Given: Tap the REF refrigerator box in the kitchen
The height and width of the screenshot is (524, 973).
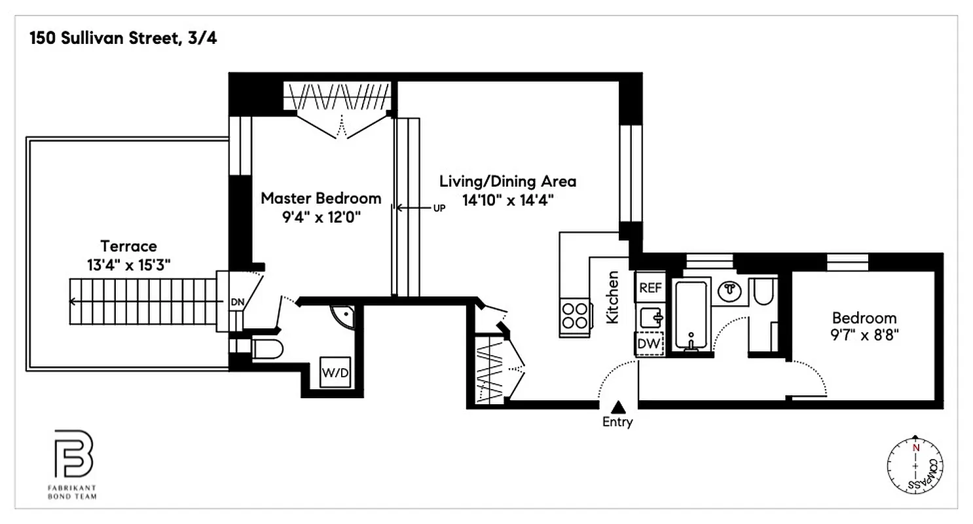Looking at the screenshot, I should [x=650, y=288].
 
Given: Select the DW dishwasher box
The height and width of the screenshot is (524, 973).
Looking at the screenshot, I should [x=650, y=343].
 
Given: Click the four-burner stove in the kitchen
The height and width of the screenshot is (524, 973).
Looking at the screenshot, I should [x=574, y=314].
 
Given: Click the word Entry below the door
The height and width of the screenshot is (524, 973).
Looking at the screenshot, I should [x=617, y=422].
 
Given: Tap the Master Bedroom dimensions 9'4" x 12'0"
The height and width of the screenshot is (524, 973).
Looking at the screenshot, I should [x=321, y=216].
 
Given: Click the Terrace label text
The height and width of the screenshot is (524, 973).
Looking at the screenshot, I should [x=128, y=246].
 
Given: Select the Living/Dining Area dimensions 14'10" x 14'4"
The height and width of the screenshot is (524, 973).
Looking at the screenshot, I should [x=507, y=200].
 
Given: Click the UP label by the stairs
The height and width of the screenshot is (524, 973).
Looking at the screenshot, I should [x=439, y=208].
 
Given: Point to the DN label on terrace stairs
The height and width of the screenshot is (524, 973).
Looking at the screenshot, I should [x=236, y=303].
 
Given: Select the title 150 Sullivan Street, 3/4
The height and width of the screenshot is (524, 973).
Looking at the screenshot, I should [x=122, y=38].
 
